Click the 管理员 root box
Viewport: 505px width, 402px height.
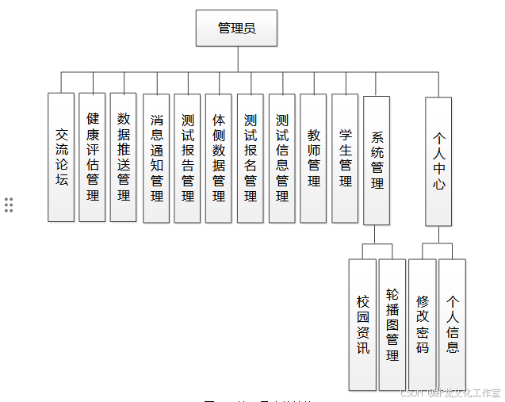pyautogui.click(x=236, y=29)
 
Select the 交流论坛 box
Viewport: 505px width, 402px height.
pyautogui.click(x=61, y=157)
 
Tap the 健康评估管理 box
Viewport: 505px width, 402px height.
pyautogui.click(x=93, y=157)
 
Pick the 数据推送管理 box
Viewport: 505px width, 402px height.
pyautogui.click(x=124, y=157)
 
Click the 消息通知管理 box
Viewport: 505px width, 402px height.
pyautogui.click(x=156, y=158)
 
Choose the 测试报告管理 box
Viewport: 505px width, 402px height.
pyautogui.click(x=187, y=158)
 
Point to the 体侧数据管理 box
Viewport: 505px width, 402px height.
pyautogui.click(x=219, y=158)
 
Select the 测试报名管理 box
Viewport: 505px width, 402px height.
pyautogui.click(x=251, y=158)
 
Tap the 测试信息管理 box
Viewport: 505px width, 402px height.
pyautogui.click(x=282, y=158)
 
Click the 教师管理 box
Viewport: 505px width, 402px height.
pyautogui.click(x=314, y=158)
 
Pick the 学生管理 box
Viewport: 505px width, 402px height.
pyautogui.click(x=345, y=158)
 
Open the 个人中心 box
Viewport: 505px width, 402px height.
pyautogui.click(x=438, y=161)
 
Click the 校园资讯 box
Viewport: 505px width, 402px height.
pyautogui.click(x=362, y=324)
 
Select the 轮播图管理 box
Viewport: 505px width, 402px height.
pyautogui.click(x=392, y=324)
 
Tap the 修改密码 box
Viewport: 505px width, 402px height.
pyautogui.click(x=422, y=324)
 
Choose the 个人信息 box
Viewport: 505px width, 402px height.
pyautogui.click(x=453, y=324)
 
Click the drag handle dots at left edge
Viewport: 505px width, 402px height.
pyautogui.click(x=9, y=205)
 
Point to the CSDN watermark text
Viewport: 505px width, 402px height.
pyautogui.click(x=450, y=392)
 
